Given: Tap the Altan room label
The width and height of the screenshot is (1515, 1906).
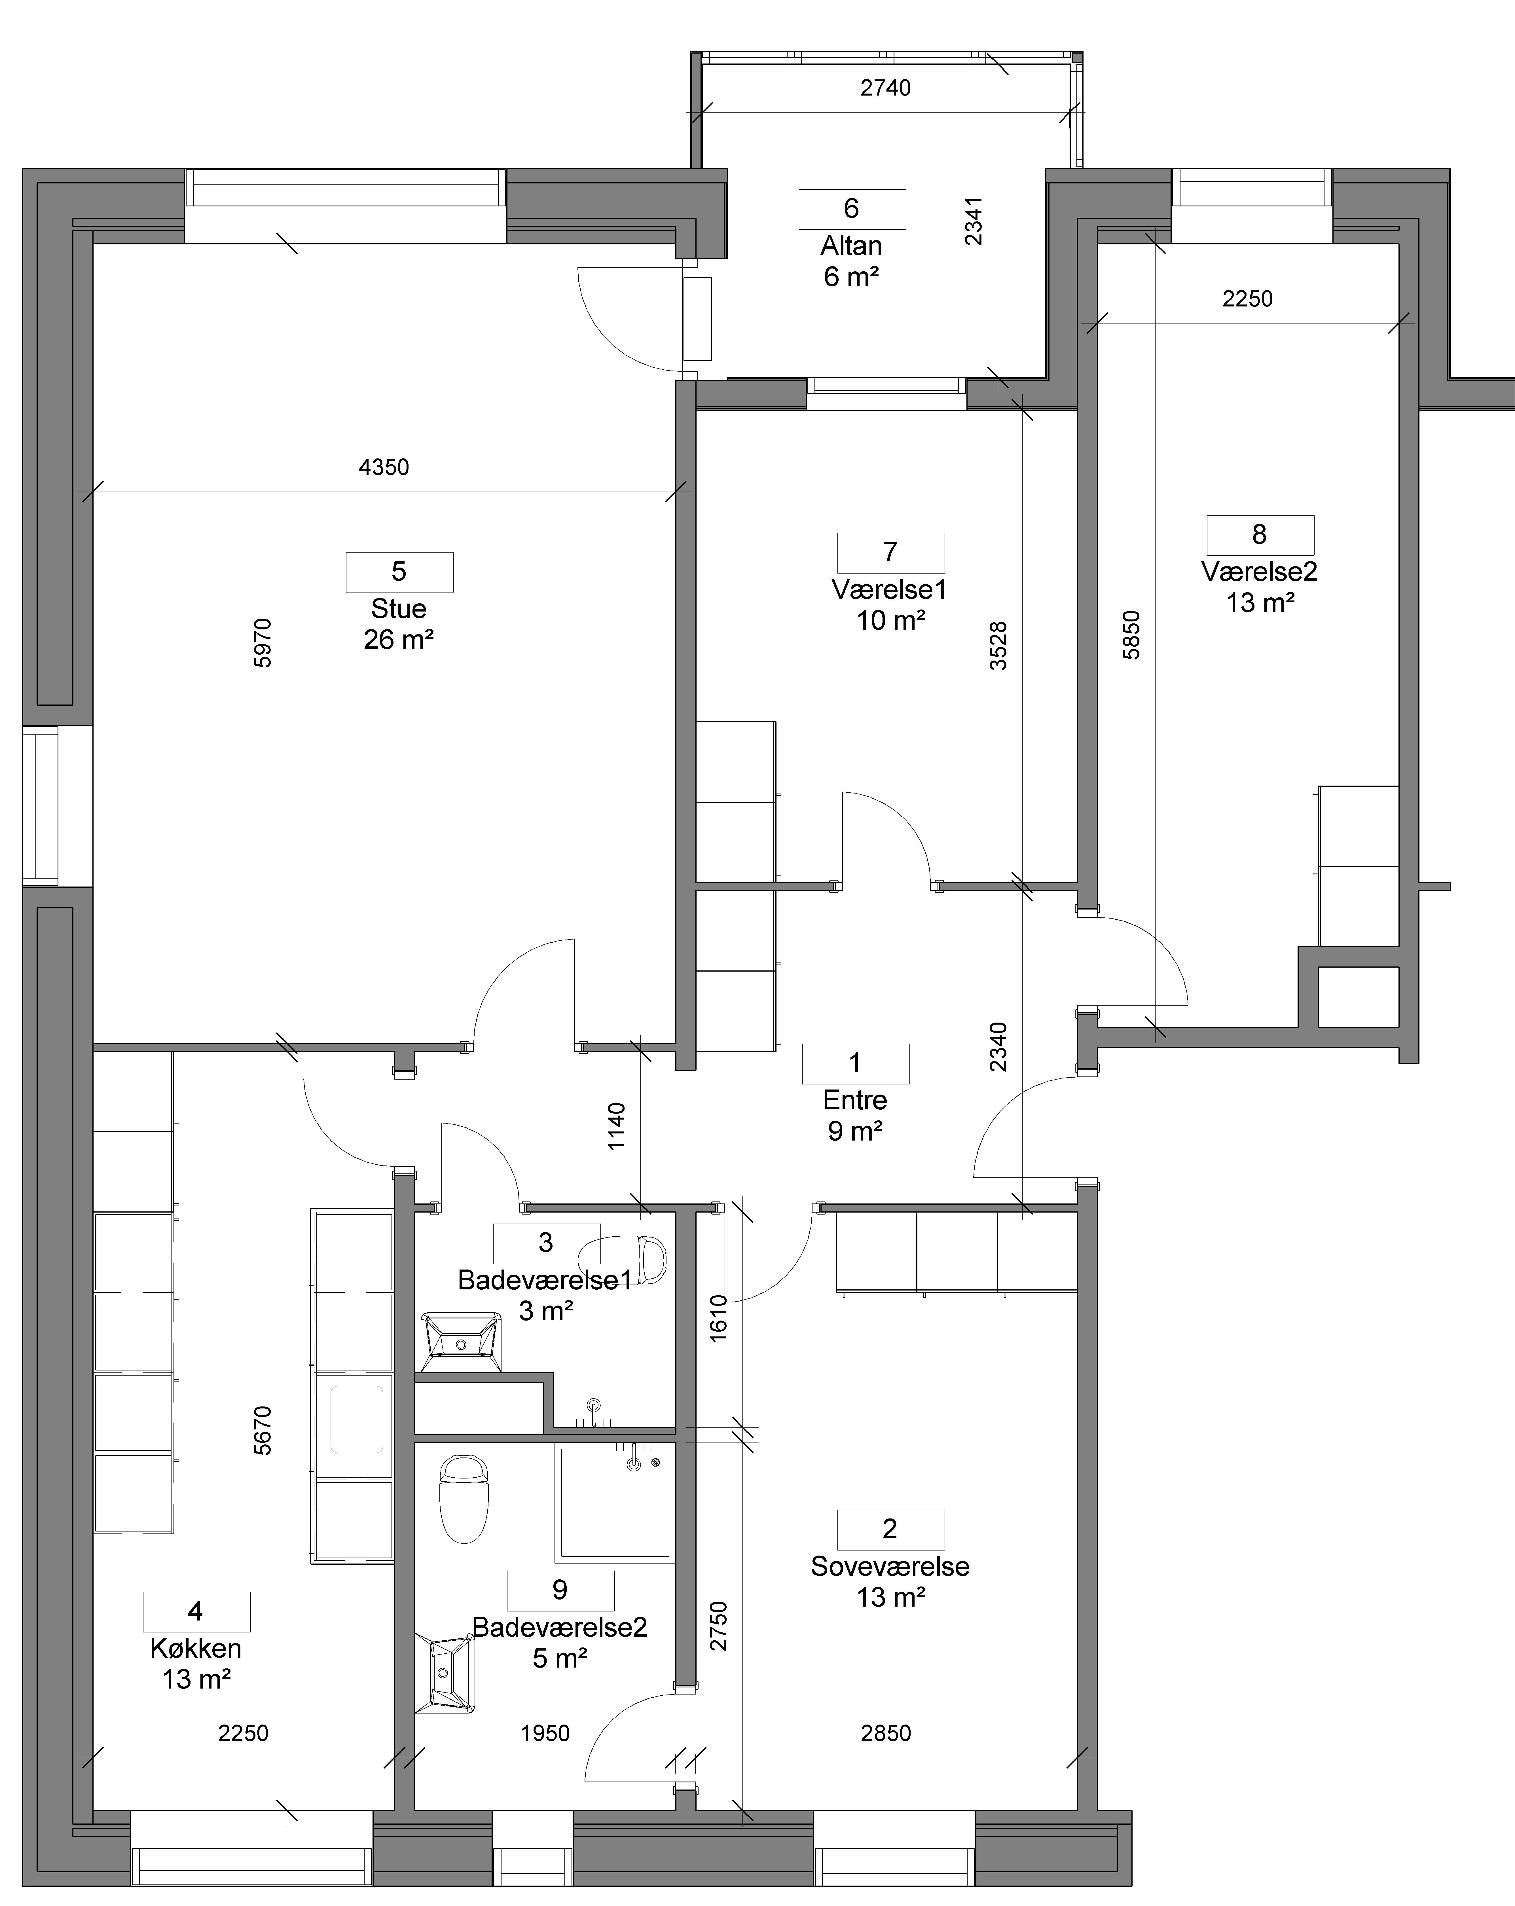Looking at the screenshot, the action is (x=851, y=246).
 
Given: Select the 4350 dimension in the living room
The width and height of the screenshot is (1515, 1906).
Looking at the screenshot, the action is (x=384, y=467).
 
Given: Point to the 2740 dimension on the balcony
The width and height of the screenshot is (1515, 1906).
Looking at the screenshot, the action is (x=886, y=88).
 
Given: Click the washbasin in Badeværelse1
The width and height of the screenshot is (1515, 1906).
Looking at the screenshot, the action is (x=460, y=1342).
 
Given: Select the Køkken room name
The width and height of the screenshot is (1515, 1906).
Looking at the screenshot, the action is (x=195, y=1648).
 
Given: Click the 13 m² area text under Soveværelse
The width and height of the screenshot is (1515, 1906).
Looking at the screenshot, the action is (x=891, y=1597).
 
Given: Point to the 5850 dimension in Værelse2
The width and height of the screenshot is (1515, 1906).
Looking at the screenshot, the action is (x=1131, y=635).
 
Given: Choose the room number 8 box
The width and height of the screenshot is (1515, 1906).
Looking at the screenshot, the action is (x=1260, y=535).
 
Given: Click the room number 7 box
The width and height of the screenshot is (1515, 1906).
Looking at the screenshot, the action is (x=891, y=553).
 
